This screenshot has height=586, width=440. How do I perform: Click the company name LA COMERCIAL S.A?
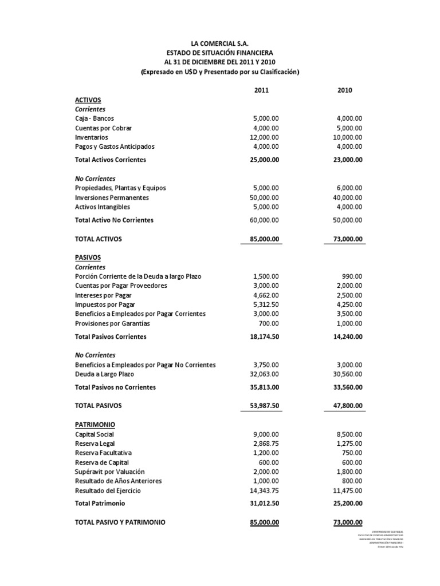pyautogui.click(x=220, y=43)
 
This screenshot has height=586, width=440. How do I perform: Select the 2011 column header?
pyautogui.click(x=261, y=90)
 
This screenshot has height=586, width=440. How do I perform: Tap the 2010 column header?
pyautogui.click(x=345, y=90)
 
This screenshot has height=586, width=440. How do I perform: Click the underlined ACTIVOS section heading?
pyautogui.click(x=88, y=100)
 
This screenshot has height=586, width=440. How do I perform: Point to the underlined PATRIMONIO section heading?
pyautogui.click(x=95, y=425)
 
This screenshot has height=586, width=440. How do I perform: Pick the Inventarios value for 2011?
pyautogui.click(x=263, y=137)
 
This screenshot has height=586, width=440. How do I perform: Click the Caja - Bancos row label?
pyautogui.click(x=95, y=118)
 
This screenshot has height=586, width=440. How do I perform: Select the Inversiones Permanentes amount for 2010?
pyautogui.click(x=345, y=197)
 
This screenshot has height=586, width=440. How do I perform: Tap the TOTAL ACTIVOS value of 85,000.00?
pyautogui.click(x=261, y=239)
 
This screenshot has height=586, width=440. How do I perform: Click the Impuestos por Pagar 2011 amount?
pyautogui.click(x=265, y=304)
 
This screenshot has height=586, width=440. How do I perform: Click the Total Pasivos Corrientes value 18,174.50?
pyautogui.click(x=261, y=336)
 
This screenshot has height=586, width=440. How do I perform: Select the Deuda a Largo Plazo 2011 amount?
pyautogui.click(x=263, y=374)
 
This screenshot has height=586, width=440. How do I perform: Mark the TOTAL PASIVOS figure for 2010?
pyautogui.click(x=345, y=405)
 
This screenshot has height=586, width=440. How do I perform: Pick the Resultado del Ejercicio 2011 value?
pyautogui.click(x=263, y=490)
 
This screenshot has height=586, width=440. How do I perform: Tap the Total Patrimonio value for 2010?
pyautogui.click(x=345, y=503)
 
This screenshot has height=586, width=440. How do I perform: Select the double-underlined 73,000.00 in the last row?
pyautogui.click(x=345, y=522)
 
